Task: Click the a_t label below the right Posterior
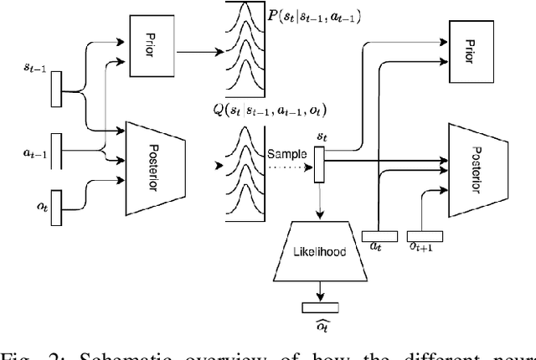377,248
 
